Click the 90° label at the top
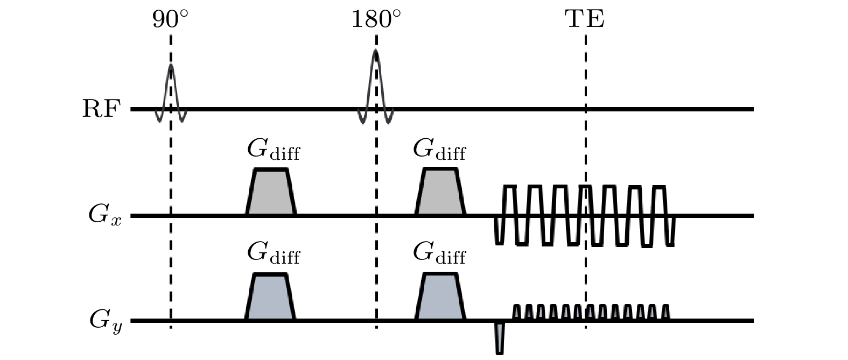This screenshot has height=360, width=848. click(x=170, y=20)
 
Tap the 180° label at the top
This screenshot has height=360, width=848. click(x=376, y=20)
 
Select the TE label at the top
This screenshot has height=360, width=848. click(x=585, y=20)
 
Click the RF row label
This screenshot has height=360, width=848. click(x=100, y=109)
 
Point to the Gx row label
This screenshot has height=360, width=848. click(x=104, y=216)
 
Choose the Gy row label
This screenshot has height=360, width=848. click(x=106, y=322)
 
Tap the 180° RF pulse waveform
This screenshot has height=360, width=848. click(x=376, y=81)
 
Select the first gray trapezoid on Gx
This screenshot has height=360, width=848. click(x=271, y=194)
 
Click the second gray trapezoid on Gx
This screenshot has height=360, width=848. click(x=440, y=194)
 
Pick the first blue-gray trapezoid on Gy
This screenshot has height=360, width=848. click(x=270, y=299)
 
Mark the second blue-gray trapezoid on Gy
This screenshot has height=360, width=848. click(x=440, y=299)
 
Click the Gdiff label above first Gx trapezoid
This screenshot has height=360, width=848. click(x=273, y=150)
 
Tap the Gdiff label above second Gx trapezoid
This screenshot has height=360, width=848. click(x=439, y=150)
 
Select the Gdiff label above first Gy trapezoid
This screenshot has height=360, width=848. click(x=273, y=253)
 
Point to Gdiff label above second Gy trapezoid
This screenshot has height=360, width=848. click(x=439, y=253)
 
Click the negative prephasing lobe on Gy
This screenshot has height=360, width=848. click(x=500, y=337)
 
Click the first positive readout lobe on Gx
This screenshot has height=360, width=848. click(x=510, y=200)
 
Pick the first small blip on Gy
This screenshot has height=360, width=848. click(x=517, y=313)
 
